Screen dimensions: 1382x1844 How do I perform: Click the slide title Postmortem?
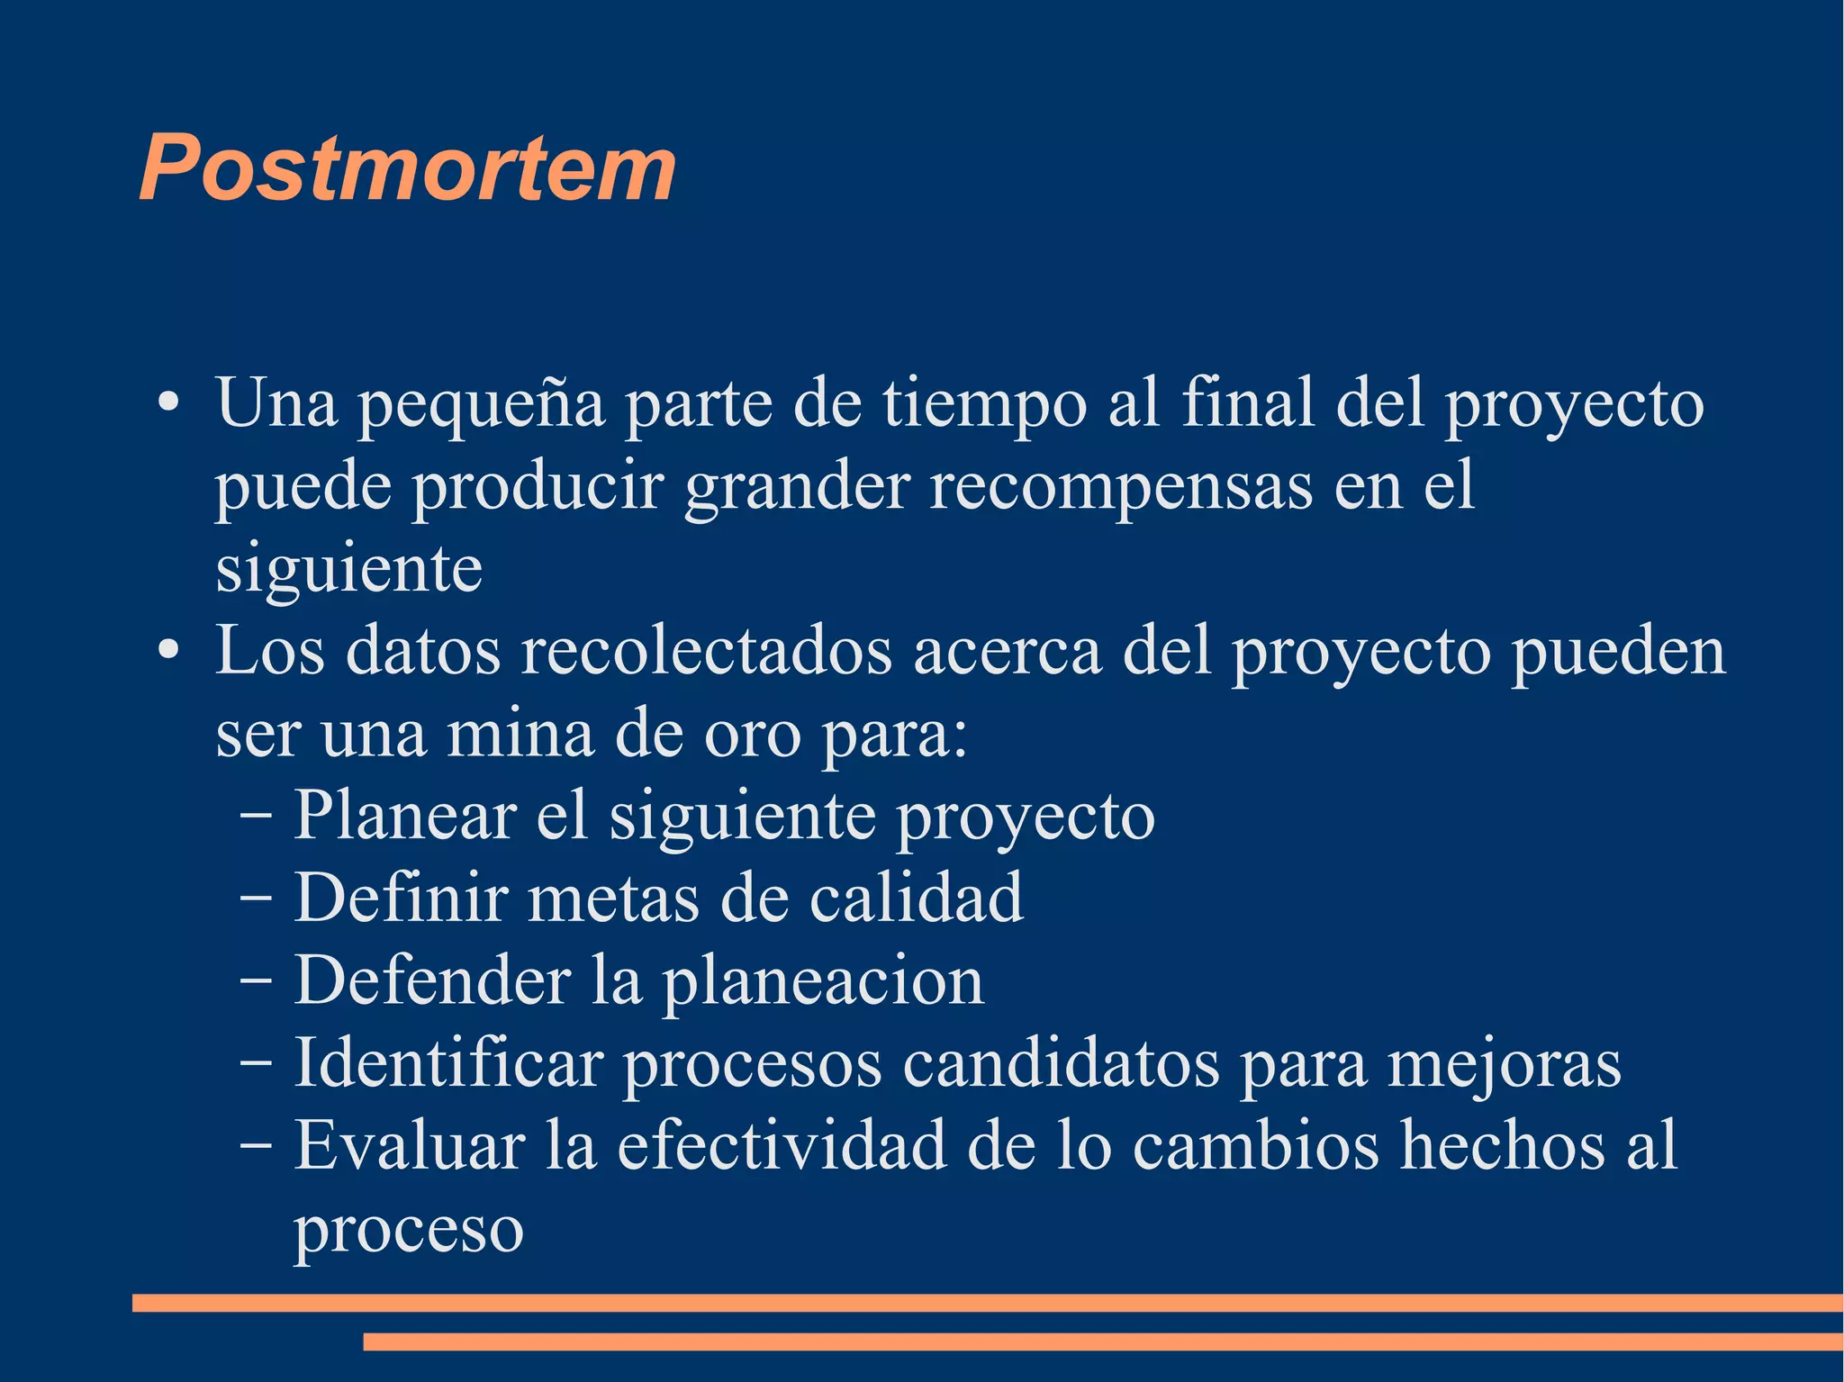pos(407,168)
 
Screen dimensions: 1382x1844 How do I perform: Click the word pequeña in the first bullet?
pos(482,405)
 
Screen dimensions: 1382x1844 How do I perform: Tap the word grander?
pos(797,487)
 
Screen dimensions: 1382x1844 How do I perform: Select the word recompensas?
pos(1121,487)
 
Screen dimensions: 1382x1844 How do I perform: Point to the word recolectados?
pos(707,652)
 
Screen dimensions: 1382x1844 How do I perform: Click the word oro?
pos(752,735)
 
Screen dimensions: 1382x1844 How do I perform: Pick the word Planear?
pos(405,817)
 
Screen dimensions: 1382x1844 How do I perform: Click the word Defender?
pos(433,980)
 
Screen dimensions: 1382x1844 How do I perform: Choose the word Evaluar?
pos(410,1146)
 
